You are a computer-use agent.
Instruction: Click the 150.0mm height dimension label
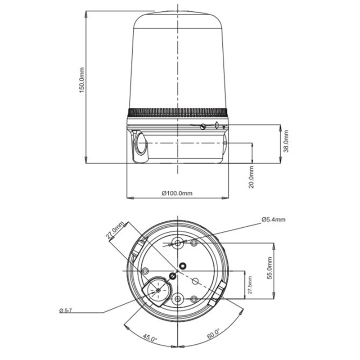coord(82,80)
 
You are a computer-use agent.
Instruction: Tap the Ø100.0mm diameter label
coord(177,193)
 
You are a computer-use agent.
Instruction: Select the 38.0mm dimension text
coord(286,141)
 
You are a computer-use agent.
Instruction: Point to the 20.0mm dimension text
coord(252,177)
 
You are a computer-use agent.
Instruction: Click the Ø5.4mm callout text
coord(274,220)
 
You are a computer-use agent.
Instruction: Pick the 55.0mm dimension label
coord(270,268)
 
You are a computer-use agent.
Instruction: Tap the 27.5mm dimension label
coord(250,285)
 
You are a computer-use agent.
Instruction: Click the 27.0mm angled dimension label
coord(115,230)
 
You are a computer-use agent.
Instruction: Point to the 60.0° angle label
coord(213,333)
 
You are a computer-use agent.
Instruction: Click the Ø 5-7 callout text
coord(66,310)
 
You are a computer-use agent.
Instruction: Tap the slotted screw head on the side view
coord(203,126)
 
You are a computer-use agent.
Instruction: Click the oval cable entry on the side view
coord(141,144)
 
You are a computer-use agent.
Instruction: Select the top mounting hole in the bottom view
coord(177,243)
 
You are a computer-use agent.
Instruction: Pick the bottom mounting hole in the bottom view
coord(177,299)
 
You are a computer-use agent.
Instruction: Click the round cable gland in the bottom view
coord(158,290)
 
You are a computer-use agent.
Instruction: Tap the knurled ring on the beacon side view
coord(177,112)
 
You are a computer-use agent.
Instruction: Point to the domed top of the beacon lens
coord(177,19)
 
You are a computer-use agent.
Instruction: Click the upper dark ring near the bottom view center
coord(183,266)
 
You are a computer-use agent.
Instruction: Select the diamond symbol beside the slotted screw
coord(216,125)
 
